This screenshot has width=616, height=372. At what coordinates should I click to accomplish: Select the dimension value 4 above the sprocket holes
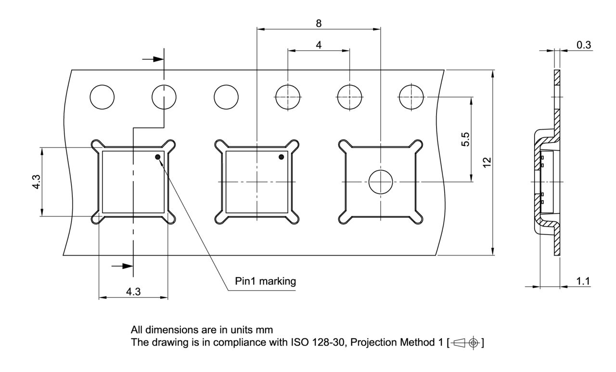[319, 44]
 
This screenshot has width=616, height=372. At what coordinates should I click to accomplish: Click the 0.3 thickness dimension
[584, 45]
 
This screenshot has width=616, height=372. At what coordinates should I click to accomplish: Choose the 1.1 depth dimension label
[583, 281]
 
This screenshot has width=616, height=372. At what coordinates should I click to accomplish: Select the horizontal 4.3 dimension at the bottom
[133, 292]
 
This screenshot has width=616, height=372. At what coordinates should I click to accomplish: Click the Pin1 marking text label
[265, 281]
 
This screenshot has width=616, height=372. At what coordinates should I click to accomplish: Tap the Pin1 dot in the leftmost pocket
[157, 157]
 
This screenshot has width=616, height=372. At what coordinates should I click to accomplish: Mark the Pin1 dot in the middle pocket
[282, 157]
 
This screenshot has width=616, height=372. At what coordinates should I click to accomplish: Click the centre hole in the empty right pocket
[381, 182]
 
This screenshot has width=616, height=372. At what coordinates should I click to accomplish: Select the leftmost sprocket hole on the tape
[102, 97]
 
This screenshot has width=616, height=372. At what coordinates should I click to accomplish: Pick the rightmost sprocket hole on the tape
[411, 97]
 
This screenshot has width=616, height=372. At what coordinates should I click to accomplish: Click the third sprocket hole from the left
[226, 97]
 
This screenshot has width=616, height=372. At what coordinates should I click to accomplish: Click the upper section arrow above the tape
[154, 59]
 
